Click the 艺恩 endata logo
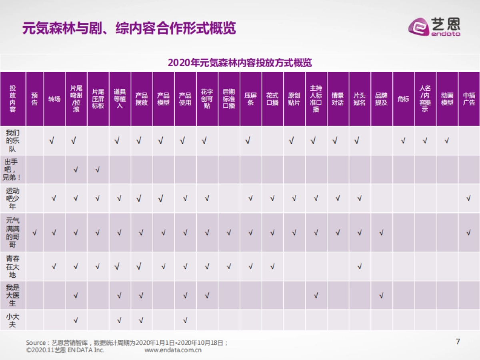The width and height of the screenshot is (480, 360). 434,27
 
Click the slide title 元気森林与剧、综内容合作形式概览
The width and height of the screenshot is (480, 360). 129,28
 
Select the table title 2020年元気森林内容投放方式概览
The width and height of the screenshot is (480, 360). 240,63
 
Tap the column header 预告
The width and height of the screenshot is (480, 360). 34,99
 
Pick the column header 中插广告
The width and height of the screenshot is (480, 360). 469,99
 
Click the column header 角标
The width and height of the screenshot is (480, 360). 403,99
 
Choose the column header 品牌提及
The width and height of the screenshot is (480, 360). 381,99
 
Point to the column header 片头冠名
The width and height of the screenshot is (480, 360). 360,99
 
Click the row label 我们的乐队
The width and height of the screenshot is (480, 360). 12,141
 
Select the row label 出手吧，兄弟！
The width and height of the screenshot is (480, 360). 12,170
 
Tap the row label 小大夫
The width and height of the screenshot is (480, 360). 12,320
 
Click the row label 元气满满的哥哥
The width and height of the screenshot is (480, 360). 12,232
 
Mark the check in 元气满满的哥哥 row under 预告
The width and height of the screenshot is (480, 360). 34,233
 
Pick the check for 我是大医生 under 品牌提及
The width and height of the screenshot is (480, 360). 381,296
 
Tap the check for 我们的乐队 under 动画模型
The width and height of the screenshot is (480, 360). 447,141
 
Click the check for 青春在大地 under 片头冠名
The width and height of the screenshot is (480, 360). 360,267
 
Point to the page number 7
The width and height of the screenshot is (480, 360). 458,342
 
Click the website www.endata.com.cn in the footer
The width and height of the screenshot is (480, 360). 173,350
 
